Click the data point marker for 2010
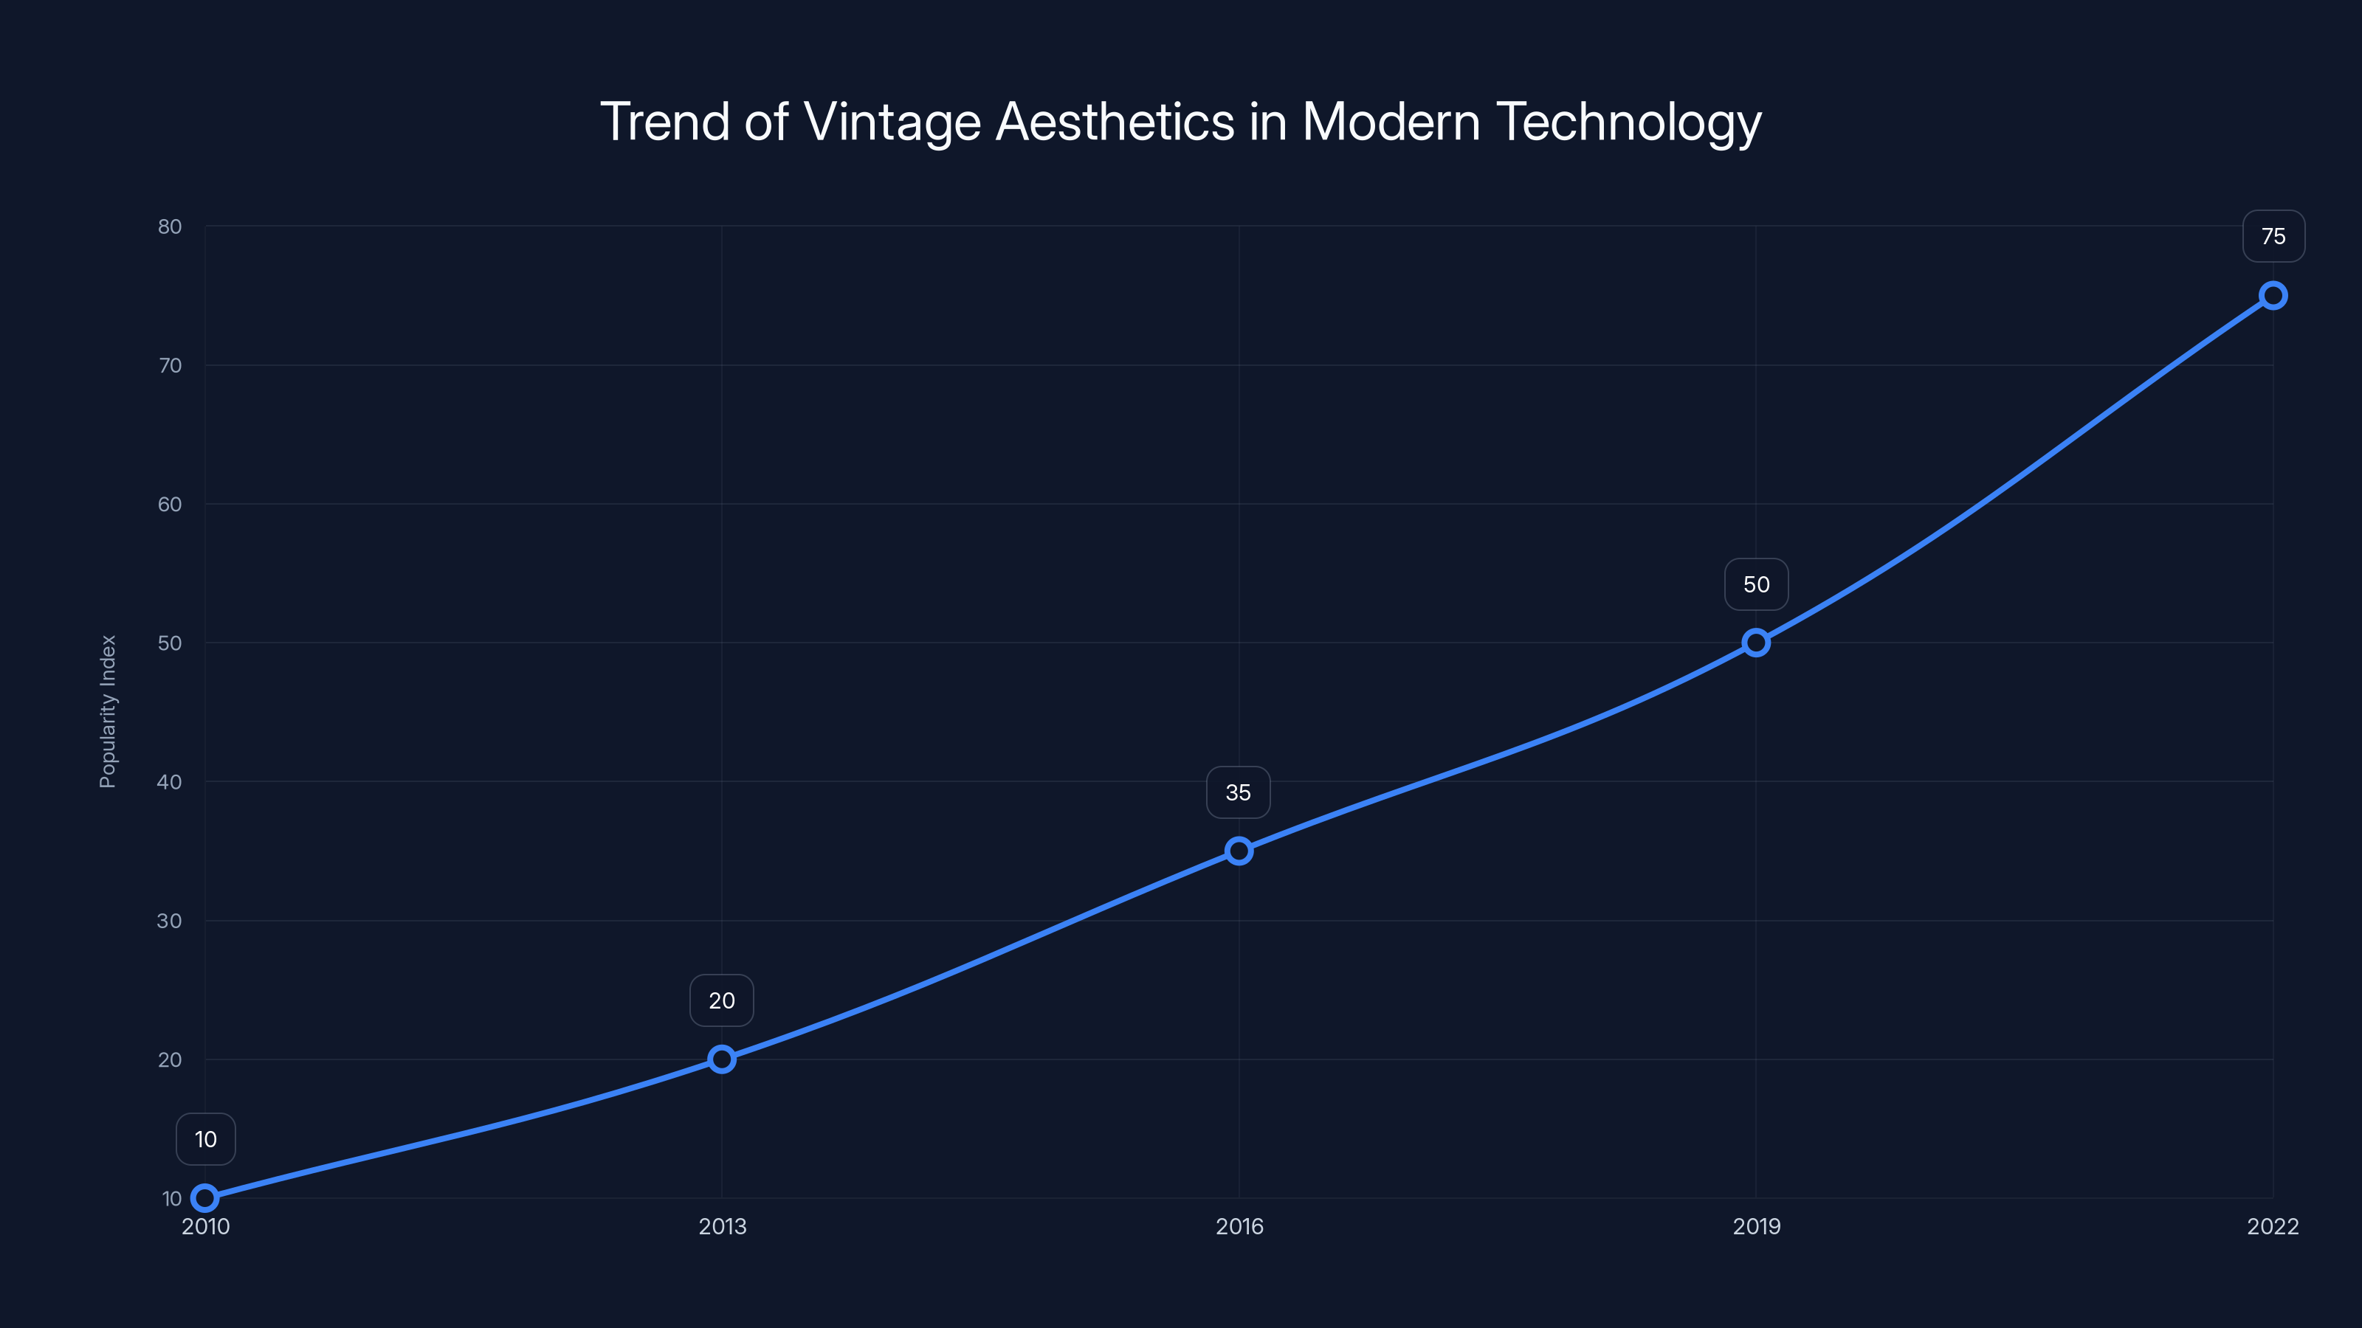point(204,1198)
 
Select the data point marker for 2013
point(722,1059)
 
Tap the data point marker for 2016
point(1239,851)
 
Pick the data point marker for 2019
point(1756,643)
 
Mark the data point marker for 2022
point(2273,295)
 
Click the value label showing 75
point(2273,236)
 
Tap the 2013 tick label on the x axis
point(722,1226)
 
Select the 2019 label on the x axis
point(1756,1226)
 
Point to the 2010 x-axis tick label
point(205,1226)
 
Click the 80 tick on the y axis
point(170,226)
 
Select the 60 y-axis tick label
point(170,504)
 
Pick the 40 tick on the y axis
point(170,782)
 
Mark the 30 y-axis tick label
point(170,921)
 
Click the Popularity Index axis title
point(109,711)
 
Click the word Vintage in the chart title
point(891,122)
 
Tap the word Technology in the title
point(1628,122)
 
